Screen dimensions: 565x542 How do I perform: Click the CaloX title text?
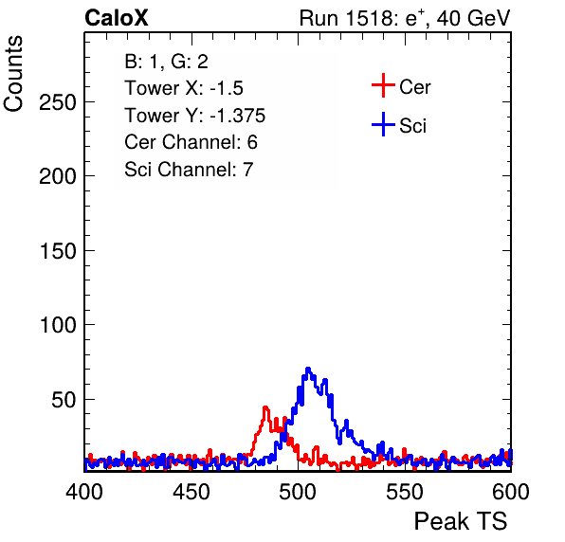click(117, 18)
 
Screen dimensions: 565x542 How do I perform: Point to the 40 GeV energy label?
click(473, 18)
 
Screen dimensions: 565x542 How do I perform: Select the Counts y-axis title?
click(13, 74)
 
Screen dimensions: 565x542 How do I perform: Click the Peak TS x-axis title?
click(461, 521)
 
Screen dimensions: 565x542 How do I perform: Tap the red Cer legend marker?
click(383, 85)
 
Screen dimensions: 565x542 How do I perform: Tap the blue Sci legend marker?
click(383, 125)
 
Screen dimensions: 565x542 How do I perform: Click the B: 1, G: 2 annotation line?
click(166, 62)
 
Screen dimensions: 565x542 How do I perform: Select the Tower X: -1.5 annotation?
click(184, 88)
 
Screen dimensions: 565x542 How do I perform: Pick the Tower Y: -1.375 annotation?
click(195, 116)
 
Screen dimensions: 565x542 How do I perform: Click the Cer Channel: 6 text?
click(191, 142)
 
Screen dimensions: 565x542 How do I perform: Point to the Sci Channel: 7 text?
click(189, 170)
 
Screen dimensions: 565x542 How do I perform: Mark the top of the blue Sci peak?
click(308, 370)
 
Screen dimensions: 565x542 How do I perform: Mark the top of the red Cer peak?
click(266, 407)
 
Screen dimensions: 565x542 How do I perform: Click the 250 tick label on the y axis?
click(58, 102)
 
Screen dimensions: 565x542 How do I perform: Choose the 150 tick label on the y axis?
click(58, 251)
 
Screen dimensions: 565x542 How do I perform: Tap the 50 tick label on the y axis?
click(64, 400)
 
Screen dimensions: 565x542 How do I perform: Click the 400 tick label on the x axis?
click(84, 492)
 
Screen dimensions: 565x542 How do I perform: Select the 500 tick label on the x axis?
click(298, 492)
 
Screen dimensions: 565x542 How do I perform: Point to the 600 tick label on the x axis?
click(511, 492)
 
